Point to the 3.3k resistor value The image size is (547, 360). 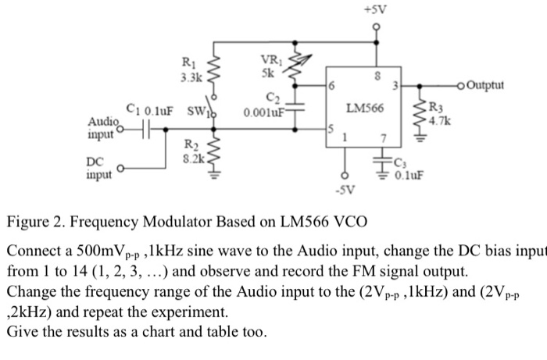[x=191, y=78]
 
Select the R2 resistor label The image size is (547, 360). [x=190, y=144]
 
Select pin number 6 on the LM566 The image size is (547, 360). [x=331, y=83]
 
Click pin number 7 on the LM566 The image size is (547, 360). [x=383, y=138]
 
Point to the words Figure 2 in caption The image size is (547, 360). [x=35, y=221]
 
